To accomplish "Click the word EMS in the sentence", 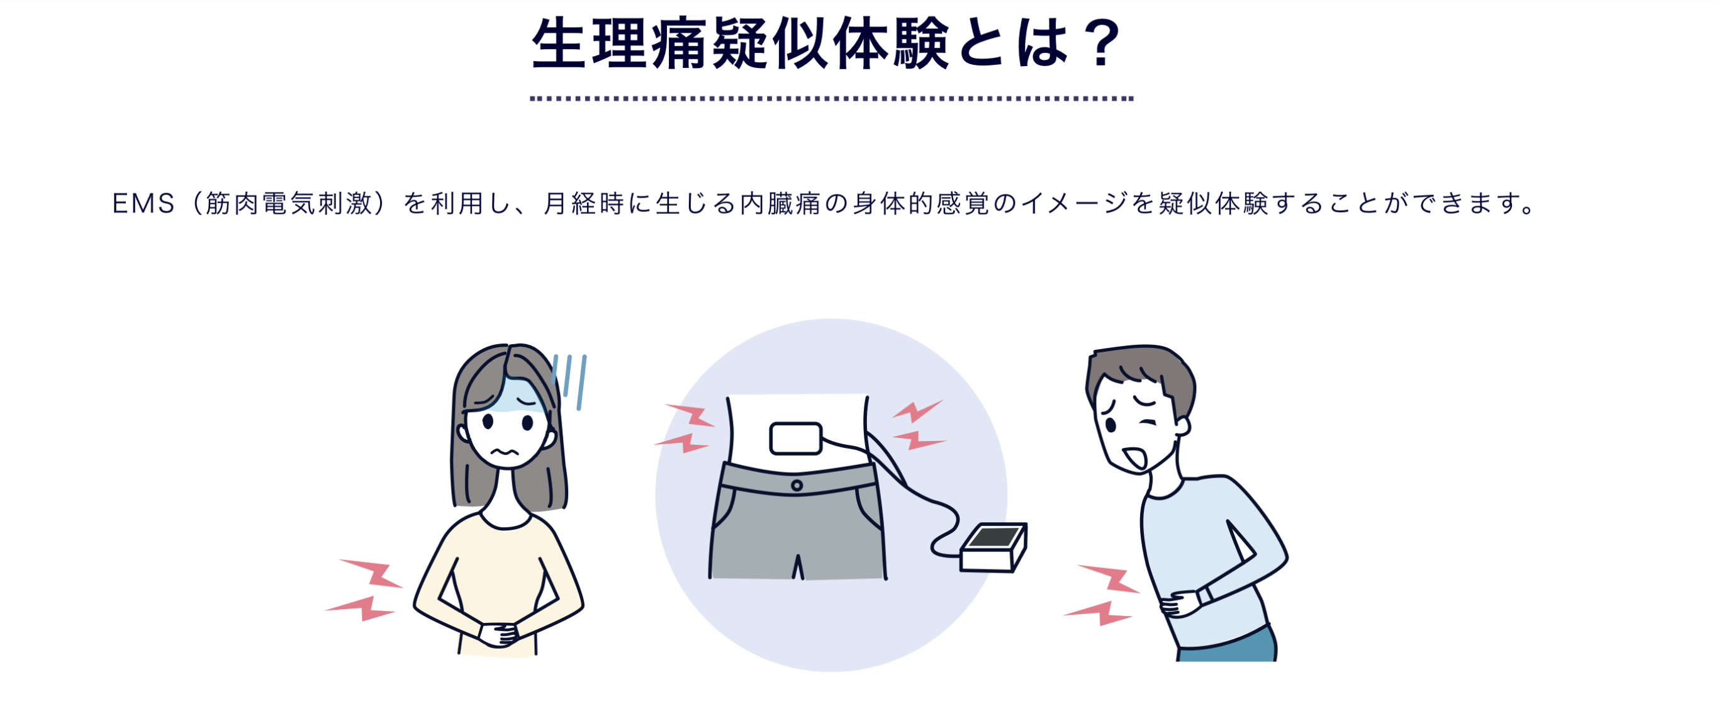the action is pyautogui.click(x=143, y=203).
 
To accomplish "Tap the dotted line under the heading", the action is pyautogui.click(x=831, y=98).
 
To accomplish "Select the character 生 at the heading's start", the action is pyautogui.click(x=559, y=44).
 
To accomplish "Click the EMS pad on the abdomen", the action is pyautogui.click(x=795, y=439).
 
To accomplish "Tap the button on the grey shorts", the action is pyautogui.click(x=797, y=485).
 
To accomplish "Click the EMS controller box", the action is pyautogui.click(x=993, y=547).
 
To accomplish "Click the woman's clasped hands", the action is pyautogui.click(x=499, y=632).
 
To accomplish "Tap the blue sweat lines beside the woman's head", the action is pyautogui.click(x=570, y=381).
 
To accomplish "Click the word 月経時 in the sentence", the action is pyautogui.click(x=585, y=203).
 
